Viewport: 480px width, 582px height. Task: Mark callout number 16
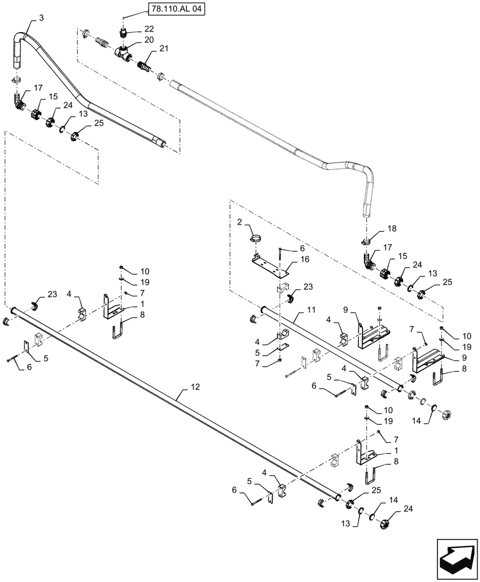click(305, 260)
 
